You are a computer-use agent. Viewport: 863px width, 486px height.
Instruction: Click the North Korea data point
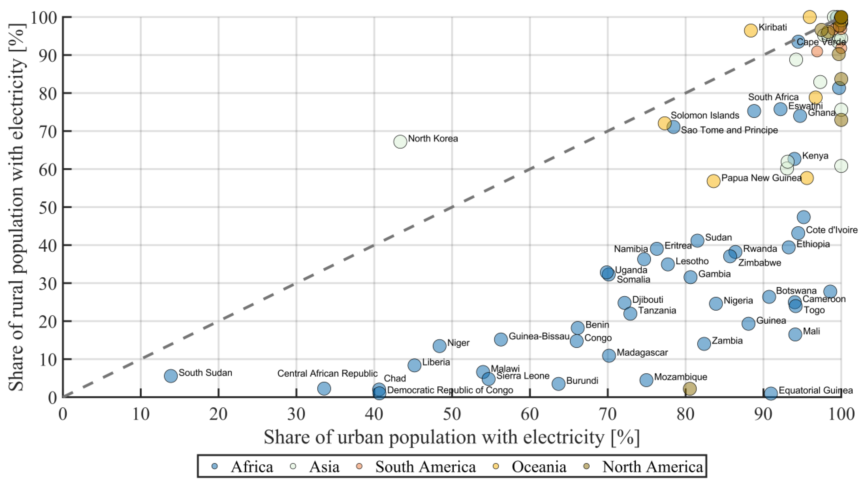coord(400,142)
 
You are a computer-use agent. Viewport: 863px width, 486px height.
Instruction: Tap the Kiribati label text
coord(773,27)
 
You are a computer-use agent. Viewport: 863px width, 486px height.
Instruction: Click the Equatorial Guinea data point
coord(771,394)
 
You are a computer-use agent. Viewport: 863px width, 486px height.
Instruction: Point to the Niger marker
coord(440,346)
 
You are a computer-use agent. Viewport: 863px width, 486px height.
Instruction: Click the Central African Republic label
coord(327,373)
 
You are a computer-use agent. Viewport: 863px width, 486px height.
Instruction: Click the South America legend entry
coord(417,467)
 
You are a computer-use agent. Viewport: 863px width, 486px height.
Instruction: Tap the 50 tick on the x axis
coord(452,414)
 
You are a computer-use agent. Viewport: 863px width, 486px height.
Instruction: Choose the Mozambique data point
coord(646,380)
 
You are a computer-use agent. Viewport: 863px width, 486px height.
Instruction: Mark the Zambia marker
coord(704,343)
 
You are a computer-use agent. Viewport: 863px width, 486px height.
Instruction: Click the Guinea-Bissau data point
coord(501,339)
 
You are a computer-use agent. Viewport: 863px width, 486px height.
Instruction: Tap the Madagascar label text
coord(642,353)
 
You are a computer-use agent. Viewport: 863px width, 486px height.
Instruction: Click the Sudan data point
coord(697,240)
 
